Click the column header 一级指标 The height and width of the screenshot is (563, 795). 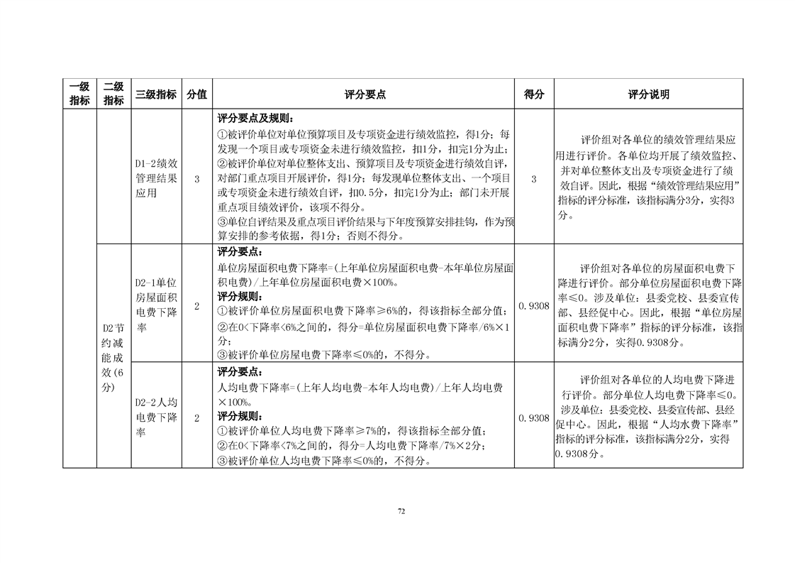(79, 94)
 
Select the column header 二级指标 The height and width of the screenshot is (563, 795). (113, 94)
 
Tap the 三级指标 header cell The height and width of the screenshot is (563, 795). (156, 94)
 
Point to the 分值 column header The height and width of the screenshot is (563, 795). (196, 94)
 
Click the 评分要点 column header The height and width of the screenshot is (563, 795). (365, 94)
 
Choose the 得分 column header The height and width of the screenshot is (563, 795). (533, 94)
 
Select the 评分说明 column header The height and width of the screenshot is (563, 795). (648, 94)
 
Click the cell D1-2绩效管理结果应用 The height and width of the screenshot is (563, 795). (156, 177)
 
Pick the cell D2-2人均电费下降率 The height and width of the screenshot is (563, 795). (156, 417)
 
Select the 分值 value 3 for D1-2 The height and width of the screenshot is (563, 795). (196, 178)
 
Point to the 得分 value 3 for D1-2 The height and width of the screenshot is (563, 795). (533, 178)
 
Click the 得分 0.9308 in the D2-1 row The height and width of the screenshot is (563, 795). (533, 305)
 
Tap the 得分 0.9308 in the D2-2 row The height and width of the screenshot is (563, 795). (533, 418)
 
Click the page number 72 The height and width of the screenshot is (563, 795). (401, 510)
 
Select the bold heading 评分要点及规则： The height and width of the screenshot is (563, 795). (253, 119)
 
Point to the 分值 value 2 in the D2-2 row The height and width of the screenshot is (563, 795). (196, 418)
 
